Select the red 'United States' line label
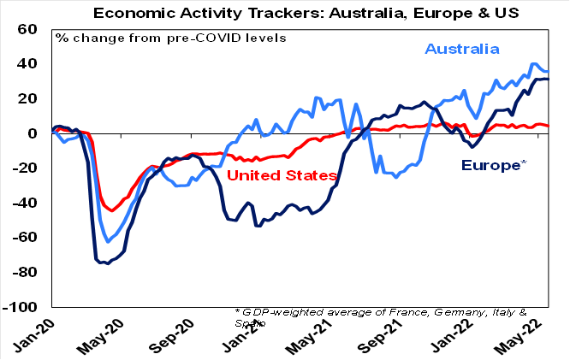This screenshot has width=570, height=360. click(282, 176)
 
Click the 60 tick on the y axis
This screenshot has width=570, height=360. click(27, 29)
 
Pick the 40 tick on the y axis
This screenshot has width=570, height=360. click(27, 64)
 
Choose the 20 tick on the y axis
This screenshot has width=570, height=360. click(27, 98)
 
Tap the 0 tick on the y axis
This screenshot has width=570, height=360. click(33, 133)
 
